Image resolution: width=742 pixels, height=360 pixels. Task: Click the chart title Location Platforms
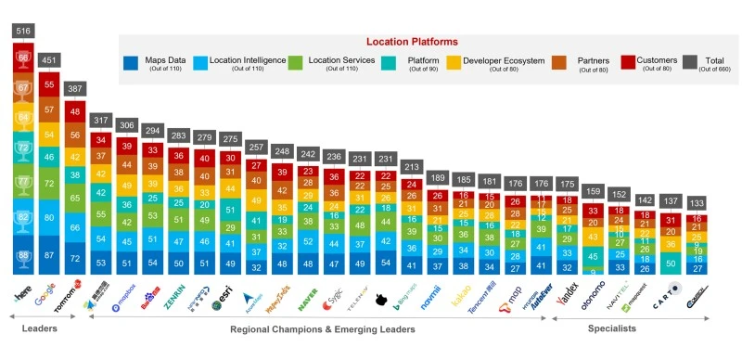pos(412,42)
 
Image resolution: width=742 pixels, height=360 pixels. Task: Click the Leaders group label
pos(34,328)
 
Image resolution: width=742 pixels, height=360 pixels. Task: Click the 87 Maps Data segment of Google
pos(48,254)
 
